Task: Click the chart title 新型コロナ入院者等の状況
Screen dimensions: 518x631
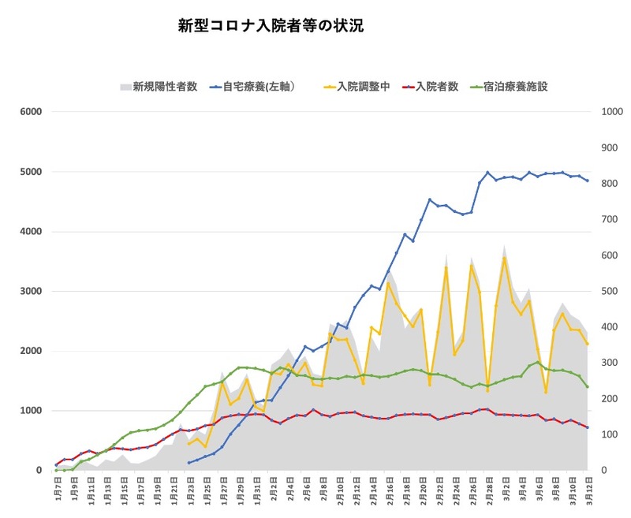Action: point(271,26)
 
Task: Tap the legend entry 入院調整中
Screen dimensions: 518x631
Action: point(363,87)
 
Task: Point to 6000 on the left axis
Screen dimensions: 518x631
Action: point(31,112)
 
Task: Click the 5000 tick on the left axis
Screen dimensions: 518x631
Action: point(31,172)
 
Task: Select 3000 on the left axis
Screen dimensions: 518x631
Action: point(31,292)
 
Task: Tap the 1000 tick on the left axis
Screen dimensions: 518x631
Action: point(31,411)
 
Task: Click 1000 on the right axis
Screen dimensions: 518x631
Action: point(610,112)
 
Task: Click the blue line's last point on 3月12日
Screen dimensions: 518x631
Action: point(587,181)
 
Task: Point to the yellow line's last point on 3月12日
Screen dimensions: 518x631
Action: point(587,344)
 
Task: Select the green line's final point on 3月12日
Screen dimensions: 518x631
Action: point(587,386)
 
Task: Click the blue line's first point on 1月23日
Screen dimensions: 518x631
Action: point(189,463)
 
